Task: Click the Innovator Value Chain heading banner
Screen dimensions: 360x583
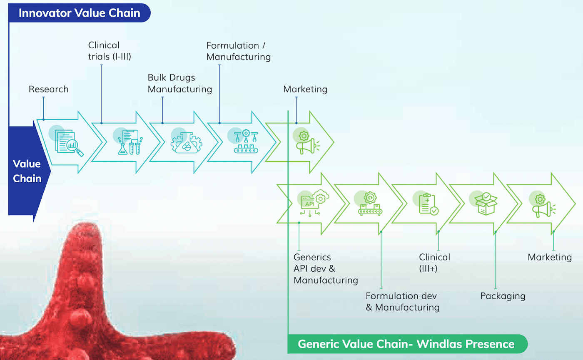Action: (x=79, y=13)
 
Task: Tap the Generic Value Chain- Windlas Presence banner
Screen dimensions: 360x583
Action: (x=406, y=344)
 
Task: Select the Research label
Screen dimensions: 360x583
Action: (x=48, y=89)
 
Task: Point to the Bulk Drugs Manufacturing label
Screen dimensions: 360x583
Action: (x=180, y=83)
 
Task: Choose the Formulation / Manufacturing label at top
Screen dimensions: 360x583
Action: (x=238, y=50)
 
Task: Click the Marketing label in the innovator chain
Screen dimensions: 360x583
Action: (x=305, y=89)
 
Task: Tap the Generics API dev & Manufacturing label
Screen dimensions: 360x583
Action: (x=326, y=268)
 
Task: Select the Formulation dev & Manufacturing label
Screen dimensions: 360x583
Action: (x=402, y=302)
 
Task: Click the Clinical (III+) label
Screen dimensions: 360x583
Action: (x=434, y=263)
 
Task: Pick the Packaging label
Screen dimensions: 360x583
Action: (x=503, y=296)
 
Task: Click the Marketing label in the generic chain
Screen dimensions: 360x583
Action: (x=550, y=257)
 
